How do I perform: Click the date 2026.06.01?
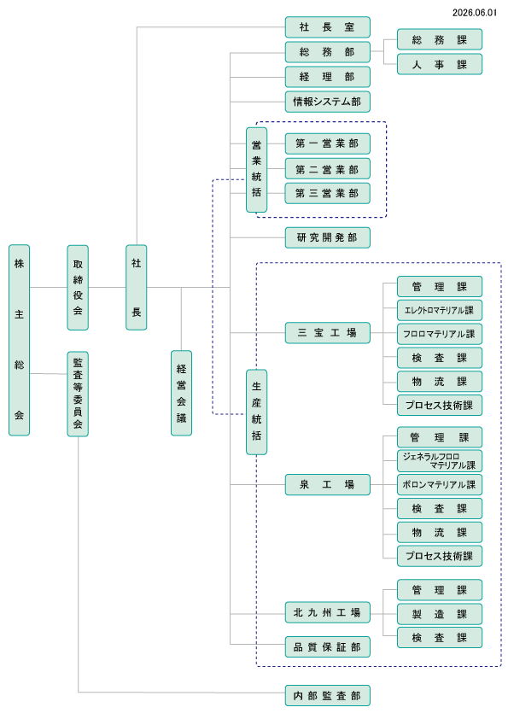(475, 12)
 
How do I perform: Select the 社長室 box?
(327, 27)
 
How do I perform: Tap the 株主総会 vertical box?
(20, 340)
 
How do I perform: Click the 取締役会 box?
(78, 288)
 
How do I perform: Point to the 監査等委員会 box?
(78, 394)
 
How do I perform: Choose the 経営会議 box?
(182, 393)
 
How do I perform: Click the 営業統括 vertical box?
(257, 170)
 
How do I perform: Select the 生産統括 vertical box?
(257, 412)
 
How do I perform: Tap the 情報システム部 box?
(327, 102)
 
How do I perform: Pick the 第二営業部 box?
(327, 169)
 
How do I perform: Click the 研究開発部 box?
(327, 237)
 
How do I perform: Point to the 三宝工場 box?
(327, 332)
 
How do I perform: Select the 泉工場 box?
(327, 484)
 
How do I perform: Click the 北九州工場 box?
(327, 612)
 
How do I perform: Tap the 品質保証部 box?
(327, 646)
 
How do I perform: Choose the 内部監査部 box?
(327, 695)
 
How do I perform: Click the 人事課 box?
(440, 64)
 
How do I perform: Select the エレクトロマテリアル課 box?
(440, 310)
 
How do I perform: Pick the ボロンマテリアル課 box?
(440, 484)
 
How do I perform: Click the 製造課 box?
(440, 613)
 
